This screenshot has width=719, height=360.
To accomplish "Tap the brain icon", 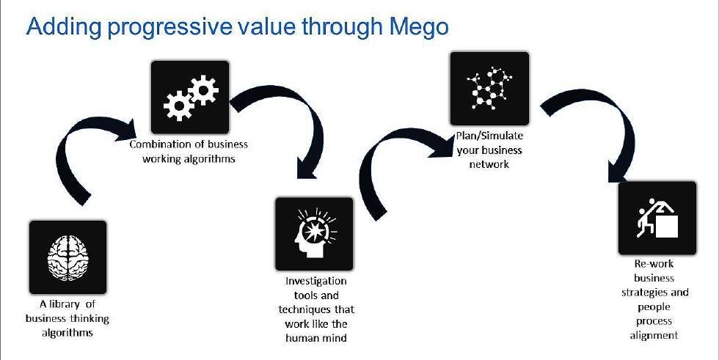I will [67, 257].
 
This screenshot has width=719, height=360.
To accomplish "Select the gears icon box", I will [189, 96].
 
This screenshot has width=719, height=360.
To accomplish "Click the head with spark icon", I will [314, 234].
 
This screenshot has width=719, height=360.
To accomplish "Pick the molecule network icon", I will [489, 87].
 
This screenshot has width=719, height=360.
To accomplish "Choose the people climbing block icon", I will [657, 218].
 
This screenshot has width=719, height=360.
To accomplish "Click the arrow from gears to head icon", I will [293, 125].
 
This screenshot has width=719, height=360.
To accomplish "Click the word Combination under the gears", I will [161, 144].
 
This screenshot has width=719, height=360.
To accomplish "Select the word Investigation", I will [315, 282].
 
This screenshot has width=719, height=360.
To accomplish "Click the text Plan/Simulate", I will [489, 137].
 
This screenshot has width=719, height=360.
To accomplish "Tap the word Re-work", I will [653, 264].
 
